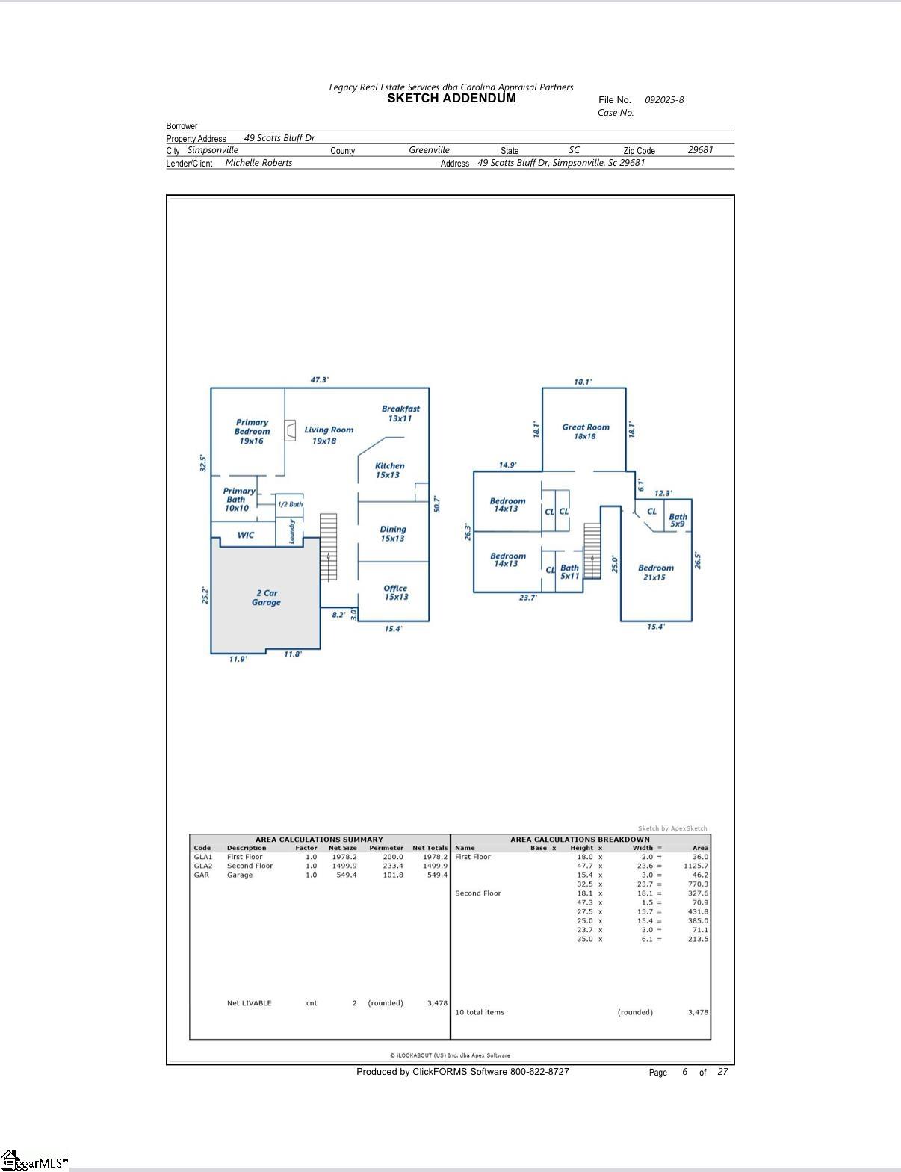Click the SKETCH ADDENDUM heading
(x=451, y=99)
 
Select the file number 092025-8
(x=663, y=100)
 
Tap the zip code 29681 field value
(x=700, y=150)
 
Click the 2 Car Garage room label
(x=266, y=598)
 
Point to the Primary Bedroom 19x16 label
(x=252, y=432)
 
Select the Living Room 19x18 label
(x=328, y=435)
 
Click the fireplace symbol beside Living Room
(x=290, y=431)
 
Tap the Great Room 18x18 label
(x=585, y=432)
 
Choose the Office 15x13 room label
(x=395, y=592)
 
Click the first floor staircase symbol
(x=328, y=547)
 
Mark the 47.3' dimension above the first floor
(x=319, y=380)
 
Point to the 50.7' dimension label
(x=437, y=504)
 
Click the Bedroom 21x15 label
(x=655, y=572)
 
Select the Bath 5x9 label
(x=678, y=520)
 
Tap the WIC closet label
(x=246, y=535)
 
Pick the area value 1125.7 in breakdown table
(x=696, y=866)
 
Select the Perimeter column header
(x=386, y=848)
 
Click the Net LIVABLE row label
(x=249, y=1003)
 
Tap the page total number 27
(x=722, y=1072)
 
